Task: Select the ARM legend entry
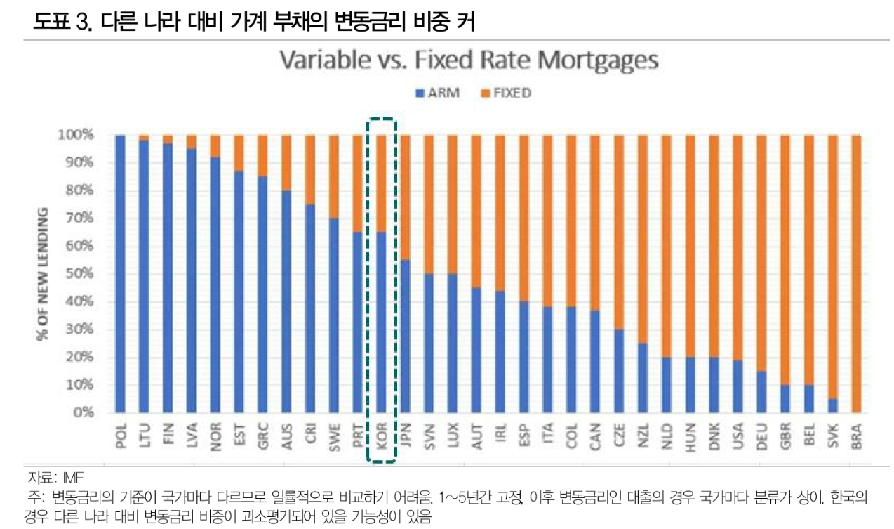[442, 93]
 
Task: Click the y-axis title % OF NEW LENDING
[43, 274]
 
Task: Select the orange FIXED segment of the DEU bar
[761, 253]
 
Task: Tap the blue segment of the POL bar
[120, 274]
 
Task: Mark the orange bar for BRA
[856, 274]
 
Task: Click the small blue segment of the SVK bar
[832, 406]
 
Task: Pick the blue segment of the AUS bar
[286, 302]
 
